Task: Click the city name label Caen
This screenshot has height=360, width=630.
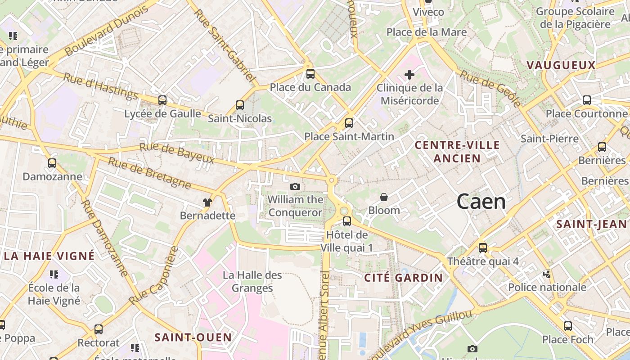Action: (x=481, y=202)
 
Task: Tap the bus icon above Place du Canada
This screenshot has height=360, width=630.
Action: (x=310, y=74)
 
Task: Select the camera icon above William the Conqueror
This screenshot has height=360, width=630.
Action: (x=295, y=186)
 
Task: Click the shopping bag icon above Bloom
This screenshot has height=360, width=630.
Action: (x=384, y=197)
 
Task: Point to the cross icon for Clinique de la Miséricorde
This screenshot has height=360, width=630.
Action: (x=409, y=74)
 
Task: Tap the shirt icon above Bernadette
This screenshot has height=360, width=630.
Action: (x=207, y=202)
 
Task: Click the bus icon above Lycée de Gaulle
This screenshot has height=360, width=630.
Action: (x=162, y=100)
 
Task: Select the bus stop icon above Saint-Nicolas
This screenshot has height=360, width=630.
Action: (x=240, y=105)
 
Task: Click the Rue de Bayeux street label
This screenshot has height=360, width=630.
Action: (x=176, y=153)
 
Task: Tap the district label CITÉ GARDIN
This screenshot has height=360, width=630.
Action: (x=404, y=278)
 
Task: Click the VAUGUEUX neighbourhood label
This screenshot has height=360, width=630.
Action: (x=561, y=65)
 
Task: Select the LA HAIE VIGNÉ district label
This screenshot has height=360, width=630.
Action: (x=49, y=256)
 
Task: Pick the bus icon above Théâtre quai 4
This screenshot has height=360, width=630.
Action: (x=483, y=247)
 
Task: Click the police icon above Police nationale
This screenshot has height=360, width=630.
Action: (x=547, y=274)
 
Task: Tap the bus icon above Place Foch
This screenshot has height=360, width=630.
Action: (x=568, y=326)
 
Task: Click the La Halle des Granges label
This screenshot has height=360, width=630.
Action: (x=252, y=282)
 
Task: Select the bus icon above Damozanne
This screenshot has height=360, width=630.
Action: (x=52, y=163)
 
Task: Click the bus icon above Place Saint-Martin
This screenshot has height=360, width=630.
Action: (x=349, y=123)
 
